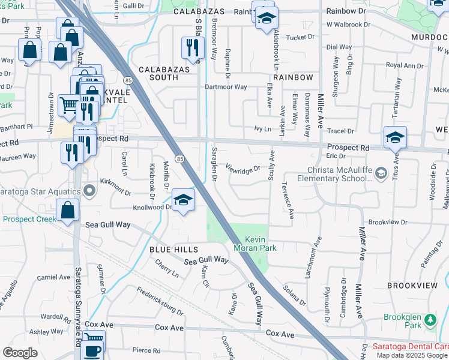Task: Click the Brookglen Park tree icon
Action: coord(430,320)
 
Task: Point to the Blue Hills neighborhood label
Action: coord(173,248)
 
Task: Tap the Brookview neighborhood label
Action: coord(414,285)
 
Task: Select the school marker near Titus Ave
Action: coord(395,137)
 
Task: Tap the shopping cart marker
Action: coord(70,107)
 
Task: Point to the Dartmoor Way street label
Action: coord(226,87)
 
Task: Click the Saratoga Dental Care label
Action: coord(411,346)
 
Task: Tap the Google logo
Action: coord(20,353)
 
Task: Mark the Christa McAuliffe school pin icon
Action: coord(381,174)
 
